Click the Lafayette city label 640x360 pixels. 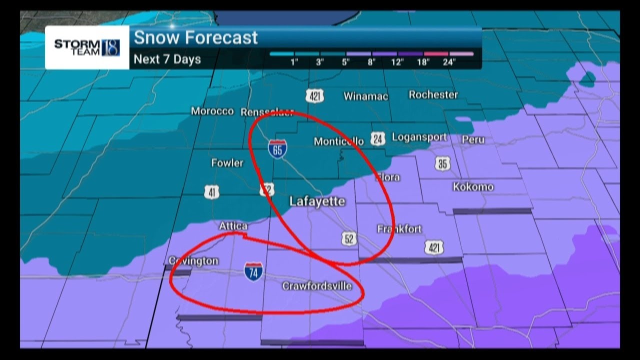tap(317, 201)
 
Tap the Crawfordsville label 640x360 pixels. tap(317, 286)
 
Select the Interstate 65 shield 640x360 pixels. tap(277, 149)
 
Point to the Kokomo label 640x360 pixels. tap(473, 187)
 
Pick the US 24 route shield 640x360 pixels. tap(378, 139)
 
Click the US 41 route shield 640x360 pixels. tap(212, 191)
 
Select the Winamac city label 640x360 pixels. tap(365, 96)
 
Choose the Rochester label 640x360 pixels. tap(433, 94)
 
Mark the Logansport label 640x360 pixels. tap(419, 137)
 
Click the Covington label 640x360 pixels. tap(193, 261)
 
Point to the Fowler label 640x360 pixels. tap(227, 163)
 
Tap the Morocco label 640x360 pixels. tap(212, 111)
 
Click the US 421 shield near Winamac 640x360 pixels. tap(315, 96)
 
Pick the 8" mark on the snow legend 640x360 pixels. tap(371, 62)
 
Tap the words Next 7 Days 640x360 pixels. tap(167, 59)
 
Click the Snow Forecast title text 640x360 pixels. tap(196, 38)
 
